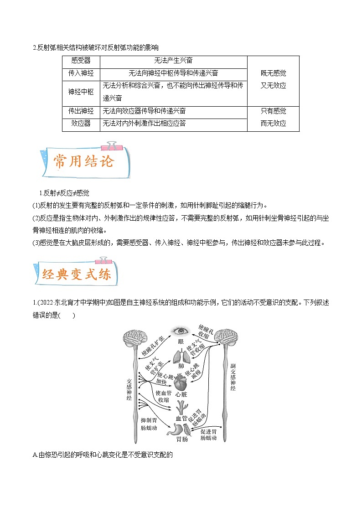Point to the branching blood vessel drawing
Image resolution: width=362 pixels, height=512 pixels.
pos(181,406)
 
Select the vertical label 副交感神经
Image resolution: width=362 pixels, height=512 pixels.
pos(233,377)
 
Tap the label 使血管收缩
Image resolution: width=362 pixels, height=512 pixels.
pos(163,396)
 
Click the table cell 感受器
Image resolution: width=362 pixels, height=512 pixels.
pos(81,61)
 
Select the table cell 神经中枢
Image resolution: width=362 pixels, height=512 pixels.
pos(81,92)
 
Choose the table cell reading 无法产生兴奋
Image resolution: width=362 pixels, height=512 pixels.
pos(173,61)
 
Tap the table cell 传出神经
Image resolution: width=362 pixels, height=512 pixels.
pos(81,111)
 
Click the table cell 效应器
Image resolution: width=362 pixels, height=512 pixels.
pos(81,124)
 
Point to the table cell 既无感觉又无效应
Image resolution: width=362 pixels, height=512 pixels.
pos(273,79)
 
